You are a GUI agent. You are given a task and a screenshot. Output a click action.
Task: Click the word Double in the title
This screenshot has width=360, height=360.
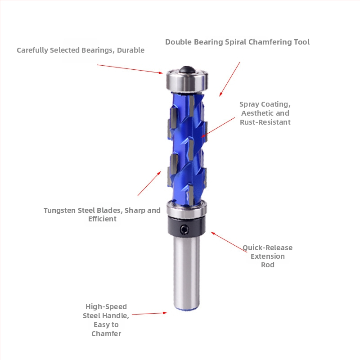pos(178,42)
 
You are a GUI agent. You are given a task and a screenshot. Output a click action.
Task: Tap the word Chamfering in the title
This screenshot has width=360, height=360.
pos(266,42)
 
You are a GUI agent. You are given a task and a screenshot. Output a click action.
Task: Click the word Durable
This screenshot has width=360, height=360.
pos(130,50)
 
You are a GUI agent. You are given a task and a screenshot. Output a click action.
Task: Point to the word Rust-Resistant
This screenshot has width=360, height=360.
pos(265,122)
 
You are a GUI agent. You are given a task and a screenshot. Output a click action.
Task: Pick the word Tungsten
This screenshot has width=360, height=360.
pos(60,211)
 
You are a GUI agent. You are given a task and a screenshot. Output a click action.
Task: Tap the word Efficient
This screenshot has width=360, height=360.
pos(102,219)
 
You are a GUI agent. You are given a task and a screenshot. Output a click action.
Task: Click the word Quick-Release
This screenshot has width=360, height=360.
pos(267,248)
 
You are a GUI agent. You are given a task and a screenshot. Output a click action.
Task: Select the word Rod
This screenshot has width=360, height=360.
pos(267,265)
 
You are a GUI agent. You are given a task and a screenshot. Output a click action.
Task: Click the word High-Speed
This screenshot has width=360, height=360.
pos(106,307)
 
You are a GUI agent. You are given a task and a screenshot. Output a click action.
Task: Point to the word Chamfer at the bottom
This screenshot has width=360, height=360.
pos(106,333)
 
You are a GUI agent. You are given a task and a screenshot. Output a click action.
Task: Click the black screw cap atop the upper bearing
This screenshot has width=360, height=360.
pos(187,70)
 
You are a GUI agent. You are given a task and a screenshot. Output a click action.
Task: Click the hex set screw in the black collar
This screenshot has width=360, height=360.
pos(184,229)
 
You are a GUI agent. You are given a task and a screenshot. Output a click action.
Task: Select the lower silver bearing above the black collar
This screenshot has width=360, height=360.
pos(186,209)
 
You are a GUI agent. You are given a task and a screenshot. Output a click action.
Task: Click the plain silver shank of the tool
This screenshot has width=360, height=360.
pos(186,273)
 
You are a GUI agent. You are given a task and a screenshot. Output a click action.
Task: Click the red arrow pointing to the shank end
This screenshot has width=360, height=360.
pos(149,313)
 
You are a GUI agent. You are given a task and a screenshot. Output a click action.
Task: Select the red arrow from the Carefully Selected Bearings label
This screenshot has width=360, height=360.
pos(130,69)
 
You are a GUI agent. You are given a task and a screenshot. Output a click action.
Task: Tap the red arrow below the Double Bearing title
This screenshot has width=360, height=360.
pos(229,79)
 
